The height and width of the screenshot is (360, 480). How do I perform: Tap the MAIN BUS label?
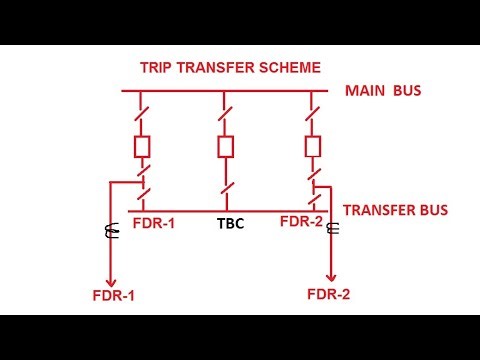[x=383, y=92]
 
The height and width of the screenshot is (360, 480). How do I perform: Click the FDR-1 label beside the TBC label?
[x=154, y=223]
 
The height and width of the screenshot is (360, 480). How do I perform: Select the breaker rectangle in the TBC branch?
[x=225, y=146]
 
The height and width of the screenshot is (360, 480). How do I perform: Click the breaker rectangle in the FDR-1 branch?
[x=143, y=147]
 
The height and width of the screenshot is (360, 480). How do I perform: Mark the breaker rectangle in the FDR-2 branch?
[x=312, y=145]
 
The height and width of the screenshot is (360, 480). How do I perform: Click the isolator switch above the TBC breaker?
[x=226, y=111]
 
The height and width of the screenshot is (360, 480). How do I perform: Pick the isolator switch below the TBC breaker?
[x=226, y=184]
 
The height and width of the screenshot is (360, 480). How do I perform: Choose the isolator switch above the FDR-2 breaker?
[x=312, y=110]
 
